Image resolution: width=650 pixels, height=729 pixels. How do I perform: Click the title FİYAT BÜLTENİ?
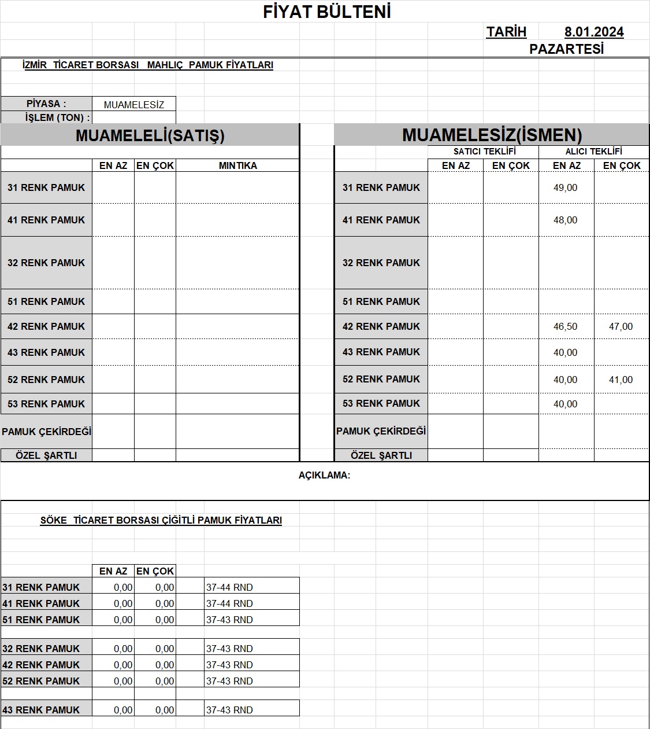click(327, 12)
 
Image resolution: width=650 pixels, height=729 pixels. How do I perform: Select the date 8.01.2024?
click(594, 32)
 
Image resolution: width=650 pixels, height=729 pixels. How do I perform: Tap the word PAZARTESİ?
click(566, 49)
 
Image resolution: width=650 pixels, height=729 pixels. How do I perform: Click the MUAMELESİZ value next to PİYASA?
click(134, 105)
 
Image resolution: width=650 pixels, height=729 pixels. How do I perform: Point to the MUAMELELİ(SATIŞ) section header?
click(150, 135)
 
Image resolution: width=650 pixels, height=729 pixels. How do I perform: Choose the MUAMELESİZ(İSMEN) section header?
click(492, 135)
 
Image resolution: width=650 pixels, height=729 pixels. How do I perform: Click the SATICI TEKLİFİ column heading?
click(484, 152)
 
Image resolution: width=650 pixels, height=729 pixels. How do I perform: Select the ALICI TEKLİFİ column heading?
click(593, 152)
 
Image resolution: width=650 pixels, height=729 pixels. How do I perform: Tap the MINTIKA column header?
click(237, 165)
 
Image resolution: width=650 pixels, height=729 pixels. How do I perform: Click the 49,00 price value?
click(565, 187)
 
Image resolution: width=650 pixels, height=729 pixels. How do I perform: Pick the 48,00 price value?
click(565, 220)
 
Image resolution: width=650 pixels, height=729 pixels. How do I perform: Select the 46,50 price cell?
click(565, 326)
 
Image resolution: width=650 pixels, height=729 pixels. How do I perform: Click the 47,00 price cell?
click(621, 326)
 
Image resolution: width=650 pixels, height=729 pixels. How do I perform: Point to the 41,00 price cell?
click(621, 380)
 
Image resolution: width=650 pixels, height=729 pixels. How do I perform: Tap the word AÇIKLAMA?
click(324, 476)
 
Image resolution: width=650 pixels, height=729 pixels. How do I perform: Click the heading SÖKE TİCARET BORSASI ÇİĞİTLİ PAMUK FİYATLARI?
click(161, 520)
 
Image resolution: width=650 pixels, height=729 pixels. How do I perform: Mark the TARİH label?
click(506, 32)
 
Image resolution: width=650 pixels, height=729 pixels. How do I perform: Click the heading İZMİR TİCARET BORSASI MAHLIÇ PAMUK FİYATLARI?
click(147, 65)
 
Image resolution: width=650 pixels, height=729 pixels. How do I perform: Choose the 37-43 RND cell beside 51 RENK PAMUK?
click(229, 620)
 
